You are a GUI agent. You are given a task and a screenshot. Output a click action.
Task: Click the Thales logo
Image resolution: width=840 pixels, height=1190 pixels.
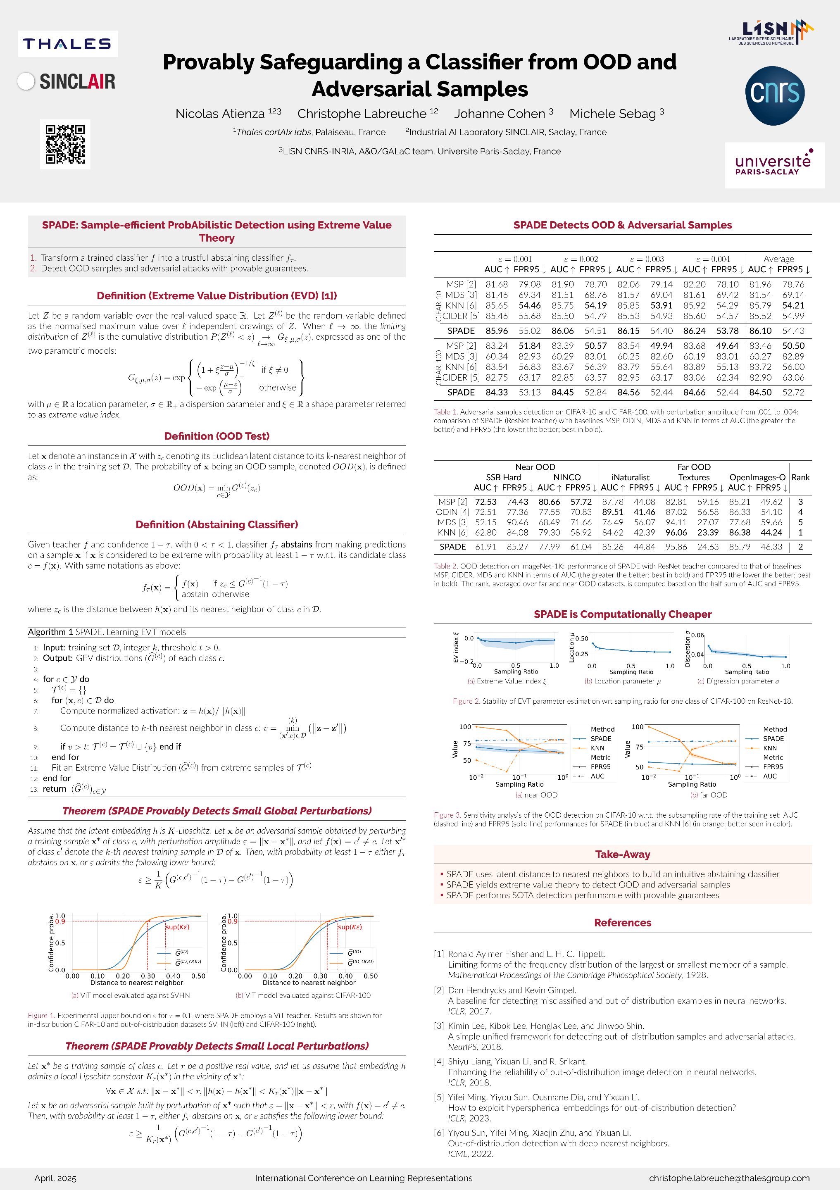pos(67,43)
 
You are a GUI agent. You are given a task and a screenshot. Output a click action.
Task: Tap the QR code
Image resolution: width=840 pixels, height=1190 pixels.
pos(65,144)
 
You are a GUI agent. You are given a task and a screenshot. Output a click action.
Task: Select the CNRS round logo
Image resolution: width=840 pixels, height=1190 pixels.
pos(775,95)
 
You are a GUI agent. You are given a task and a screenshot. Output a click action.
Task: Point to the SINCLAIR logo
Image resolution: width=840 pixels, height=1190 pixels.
pos(67,81)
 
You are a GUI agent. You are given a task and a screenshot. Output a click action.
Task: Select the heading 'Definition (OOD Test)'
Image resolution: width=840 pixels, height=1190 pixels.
pos(217,436)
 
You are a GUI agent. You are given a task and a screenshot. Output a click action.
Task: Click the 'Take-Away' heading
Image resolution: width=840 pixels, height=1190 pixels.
pos(622,854)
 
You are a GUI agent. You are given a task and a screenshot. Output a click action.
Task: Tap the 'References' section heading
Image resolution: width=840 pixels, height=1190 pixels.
pos(622,923)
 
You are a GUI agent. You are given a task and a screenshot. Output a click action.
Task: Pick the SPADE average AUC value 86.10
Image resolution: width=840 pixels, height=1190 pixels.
pos(760,331)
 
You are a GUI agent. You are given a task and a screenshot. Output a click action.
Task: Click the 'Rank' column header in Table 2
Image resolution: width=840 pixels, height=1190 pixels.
pos(800,477)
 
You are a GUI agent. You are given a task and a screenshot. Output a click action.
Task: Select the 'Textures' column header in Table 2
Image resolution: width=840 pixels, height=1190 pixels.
pos(694,477)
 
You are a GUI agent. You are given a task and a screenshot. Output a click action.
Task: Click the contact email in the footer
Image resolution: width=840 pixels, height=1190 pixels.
pos(729,1178)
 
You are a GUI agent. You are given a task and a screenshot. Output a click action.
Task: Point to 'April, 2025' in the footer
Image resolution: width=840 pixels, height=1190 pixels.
pos(55,1178)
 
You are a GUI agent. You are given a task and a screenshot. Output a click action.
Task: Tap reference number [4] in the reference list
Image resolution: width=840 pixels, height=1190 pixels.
pos(439,1061)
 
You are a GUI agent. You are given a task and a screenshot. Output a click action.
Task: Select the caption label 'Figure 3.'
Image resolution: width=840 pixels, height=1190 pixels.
pos(447,815)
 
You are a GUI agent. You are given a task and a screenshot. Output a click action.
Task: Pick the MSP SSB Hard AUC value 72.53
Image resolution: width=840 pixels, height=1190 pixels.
pos(485,502)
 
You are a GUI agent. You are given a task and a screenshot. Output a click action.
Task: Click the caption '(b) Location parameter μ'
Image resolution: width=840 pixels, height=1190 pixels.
pos(622,681)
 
